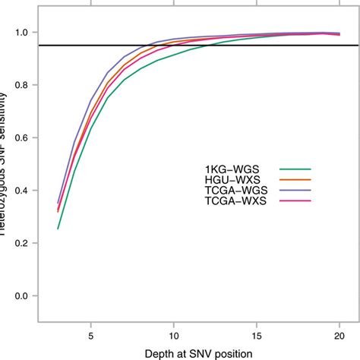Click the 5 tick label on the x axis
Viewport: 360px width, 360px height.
pos(91,333)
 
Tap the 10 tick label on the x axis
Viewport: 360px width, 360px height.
pos(173,333)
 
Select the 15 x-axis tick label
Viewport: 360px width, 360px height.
pos(256,333)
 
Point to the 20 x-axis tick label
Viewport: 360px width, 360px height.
pos(339,333)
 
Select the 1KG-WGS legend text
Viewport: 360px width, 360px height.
pos(223,169)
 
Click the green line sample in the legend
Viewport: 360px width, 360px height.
pos(296,169)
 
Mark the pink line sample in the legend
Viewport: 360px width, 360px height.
pos(296,200)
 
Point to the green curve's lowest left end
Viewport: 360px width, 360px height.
pos(58,229)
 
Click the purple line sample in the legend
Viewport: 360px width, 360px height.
pos(296,190)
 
